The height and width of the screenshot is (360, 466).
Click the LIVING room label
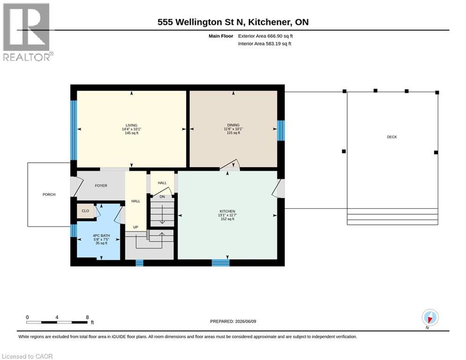point(131,125)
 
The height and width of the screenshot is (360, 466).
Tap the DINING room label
point(233,125)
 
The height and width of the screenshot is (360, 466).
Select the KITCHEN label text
point(227,211)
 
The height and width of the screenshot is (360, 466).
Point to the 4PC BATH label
point(101,236)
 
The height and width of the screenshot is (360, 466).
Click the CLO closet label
point(85,211)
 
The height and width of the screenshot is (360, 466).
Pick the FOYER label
point(101,186)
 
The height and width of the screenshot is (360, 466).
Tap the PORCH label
point(49,195)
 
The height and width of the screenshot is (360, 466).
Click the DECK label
point(392,137)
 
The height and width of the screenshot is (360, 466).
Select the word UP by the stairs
point(135,227)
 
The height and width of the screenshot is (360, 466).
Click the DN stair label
point(162,197)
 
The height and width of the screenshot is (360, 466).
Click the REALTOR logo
point(27,32)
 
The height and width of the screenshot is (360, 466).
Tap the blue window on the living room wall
point(74,130)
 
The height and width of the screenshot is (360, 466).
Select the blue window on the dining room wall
point(281,130)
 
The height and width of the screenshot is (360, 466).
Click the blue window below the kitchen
point(221,263)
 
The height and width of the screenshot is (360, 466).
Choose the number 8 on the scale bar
point(88,317)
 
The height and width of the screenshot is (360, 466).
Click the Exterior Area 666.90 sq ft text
point(266,36)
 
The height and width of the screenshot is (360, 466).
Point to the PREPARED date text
point(233,321)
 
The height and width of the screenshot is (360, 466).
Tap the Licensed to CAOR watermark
point(27,356)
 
